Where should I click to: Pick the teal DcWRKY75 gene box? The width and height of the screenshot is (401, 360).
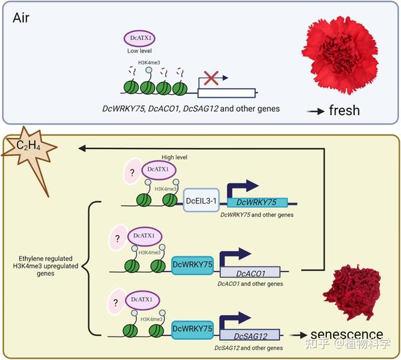(x=258, y=201)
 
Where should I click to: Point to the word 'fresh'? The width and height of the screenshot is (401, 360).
(x=344, y=110)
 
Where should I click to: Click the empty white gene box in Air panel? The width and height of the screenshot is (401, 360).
(x=228, y=94)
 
